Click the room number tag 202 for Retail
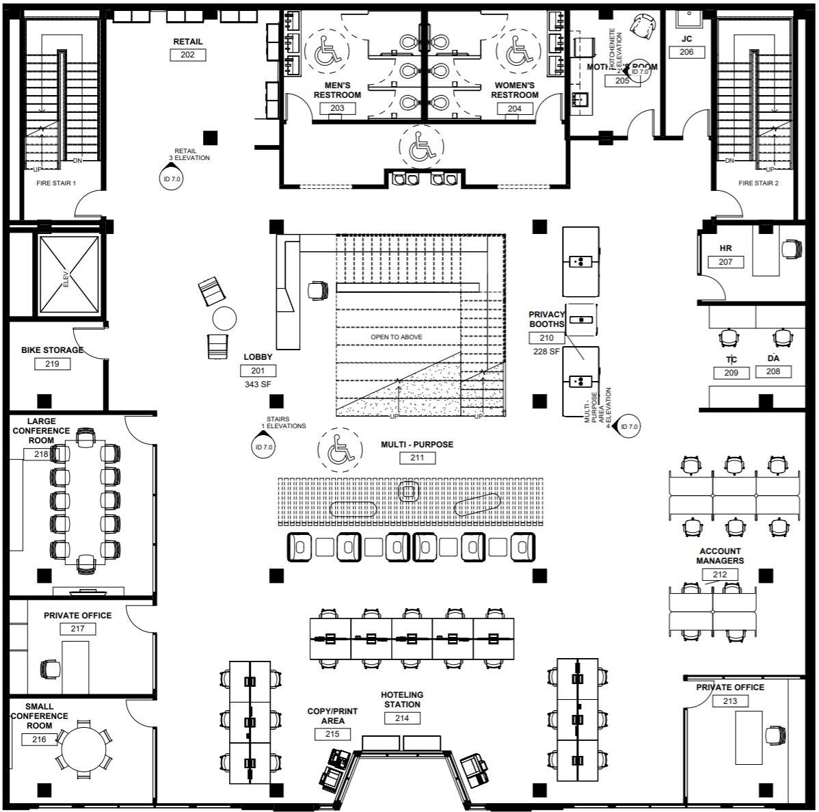pos(187,55)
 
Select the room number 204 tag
pos(514,108)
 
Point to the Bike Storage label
pos(52,350)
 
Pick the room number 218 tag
pos(41,454)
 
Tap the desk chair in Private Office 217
pos(51,668)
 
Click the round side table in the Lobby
pos(224,318)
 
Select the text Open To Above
pos(397,337)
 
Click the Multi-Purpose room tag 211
pos(417,458)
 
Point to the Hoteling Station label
pos(402,699)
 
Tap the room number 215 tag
pos(332,734)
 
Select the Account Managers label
pos(720,555)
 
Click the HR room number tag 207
pos(725,262)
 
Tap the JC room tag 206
pos(686,52)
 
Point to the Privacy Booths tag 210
pos(547,338)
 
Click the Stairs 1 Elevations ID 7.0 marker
pos(264,447)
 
